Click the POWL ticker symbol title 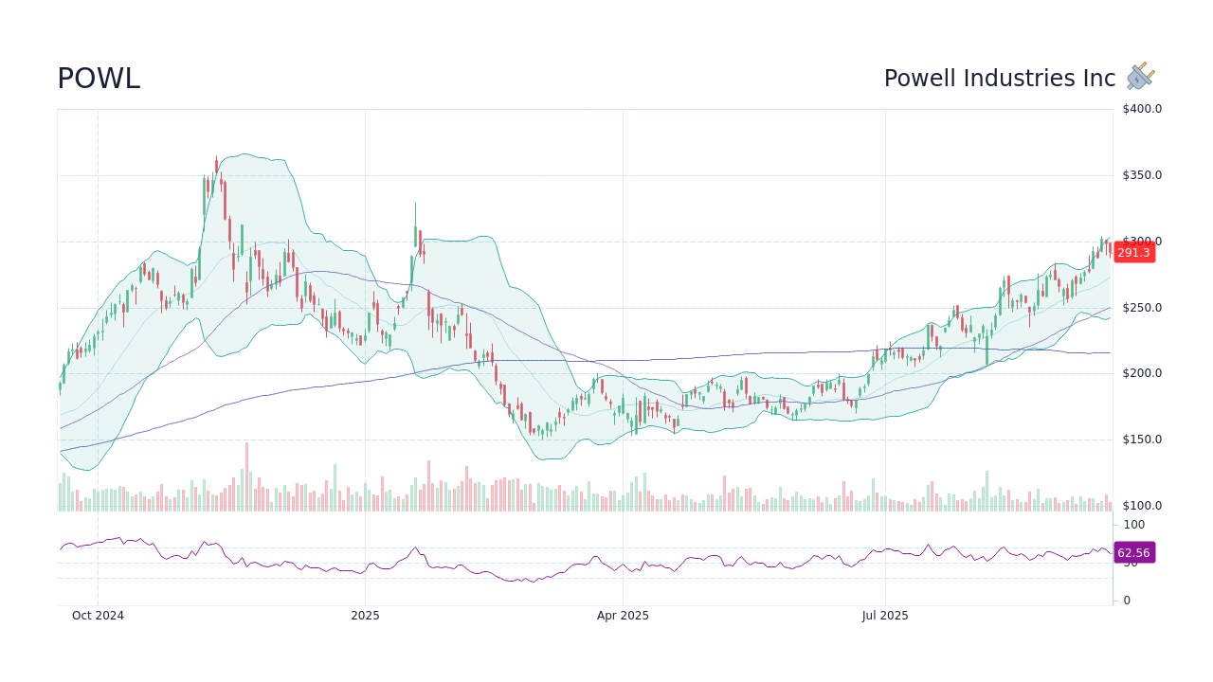click(99, 80)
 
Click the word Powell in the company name click(918, 80)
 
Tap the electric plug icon click(1140, 77)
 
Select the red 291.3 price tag click(1133, 253)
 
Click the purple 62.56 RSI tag click(1133, 553)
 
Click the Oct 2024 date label click(98, 616)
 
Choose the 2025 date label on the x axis click(365, 616)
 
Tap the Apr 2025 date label click(623, 616)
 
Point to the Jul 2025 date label click(885, 616)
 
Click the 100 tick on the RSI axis click(1133, 525)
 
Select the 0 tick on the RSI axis click(1126, 601)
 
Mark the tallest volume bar click(246, 476)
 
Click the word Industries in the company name click(1021, 80)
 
